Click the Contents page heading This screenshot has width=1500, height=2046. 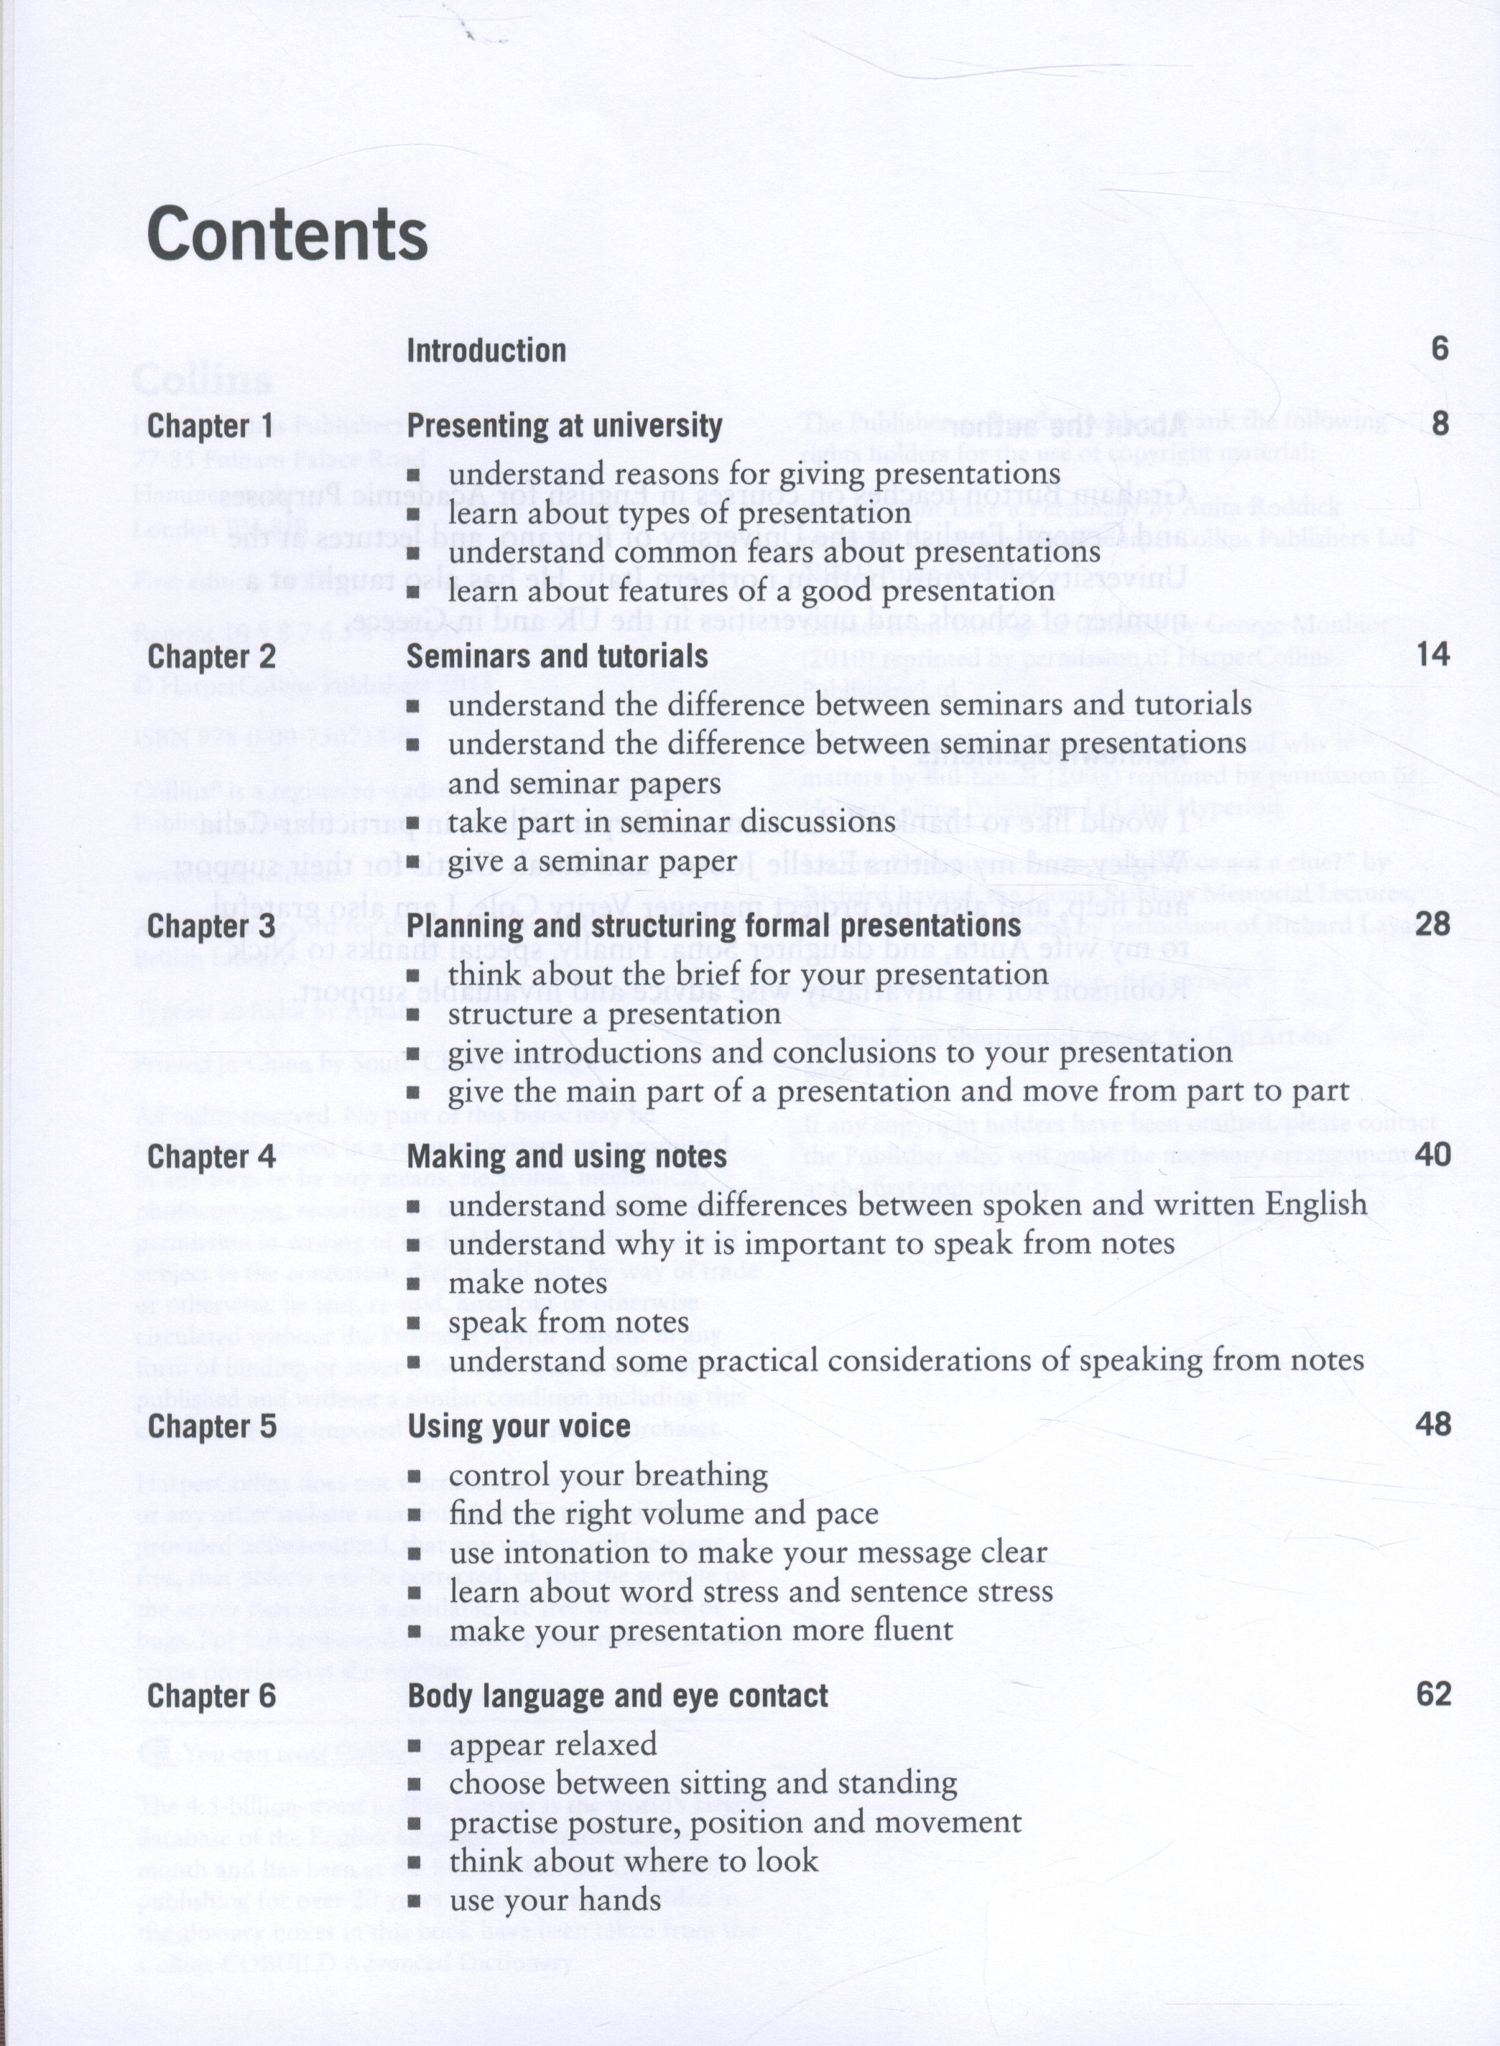coord(287,234)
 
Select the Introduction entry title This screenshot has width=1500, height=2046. coord(486,350)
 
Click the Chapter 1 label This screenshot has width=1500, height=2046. coord(210,425)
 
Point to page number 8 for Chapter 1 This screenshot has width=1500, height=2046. coord(1439,424)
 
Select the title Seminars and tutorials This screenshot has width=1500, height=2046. coord(557,656)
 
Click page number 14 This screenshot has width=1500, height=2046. coord(1432,654)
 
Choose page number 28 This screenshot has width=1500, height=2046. coord(1432,924)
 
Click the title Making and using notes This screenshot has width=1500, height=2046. coord(567,1156)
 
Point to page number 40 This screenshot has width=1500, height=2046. coord(1432,1155)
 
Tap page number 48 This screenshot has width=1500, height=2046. coord(1432,1424)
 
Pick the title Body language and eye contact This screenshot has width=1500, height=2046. coord(617,1696)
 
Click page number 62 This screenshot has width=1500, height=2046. coord(1432,1694)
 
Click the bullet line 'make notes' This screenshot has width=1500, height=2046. coord(527,1283)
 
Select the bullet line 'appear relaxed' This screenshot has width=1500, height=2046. coord(552,1744)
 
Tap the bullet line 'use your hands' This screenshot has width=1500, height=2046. coord(555,1900)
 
